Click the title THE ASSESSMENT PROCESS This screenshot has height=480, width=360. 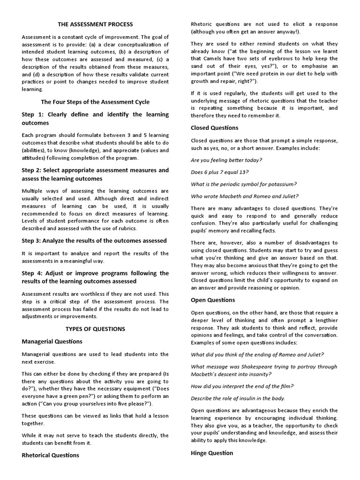95,24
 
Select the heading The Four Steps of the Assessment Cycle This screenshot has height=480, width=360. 95,102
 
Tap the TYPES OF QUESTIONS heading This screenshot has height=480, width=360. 95,329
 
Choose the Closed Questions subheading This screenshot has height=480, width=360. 215,128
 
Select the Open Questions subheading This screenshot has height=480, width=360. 213,300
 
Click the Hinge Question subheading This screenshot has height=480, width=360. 212,453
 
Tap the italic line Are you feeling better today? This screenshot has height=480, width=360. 226,160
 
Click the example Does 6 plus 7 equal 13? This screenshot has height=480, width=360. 220,172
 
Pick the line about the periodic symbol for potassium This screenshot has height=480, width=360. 244,184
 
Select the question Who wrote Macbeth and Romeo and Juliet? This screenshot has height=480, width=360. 244,196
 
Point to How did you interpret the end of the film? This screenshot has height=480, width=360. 242,386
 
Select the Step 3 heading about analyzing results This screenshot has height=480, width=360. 94,241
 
